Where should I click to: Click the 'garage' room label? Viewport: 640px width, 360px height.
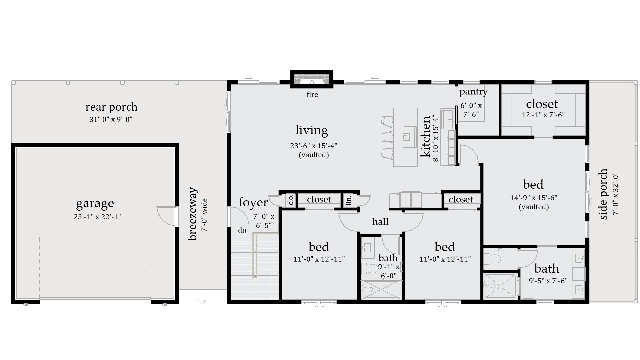[95, 203]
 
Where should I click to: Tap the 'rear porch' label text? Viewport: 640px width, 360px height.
[111, 107]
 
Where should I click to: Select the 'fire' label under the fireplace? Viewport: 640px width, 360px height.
[312, 95]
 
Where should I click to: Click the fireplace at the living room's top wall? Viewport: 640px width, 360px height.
[312, 79]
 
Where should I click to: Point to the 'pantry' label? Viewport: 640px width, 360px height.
[473, 91]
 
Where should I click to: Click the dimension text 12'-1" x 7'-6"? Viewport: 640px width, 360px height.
[543, 115]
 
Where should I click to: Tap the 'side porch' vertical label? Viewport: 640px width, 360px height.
[603, 194]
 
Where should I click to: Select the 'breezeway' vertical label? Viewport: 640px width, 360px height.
[192, 214]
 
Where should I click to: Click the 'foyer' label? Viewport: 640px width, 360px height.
[253, 202]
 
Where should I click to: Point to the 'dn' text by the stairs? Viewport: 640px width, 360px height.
[242, 230]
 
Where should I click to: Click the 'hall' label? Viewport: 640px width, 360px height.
[380, 222]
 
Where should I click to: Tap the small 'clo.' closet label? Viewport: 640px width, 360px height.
[291, 200]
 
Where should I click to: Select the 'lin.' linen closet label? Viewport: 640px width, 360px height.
[348, 200]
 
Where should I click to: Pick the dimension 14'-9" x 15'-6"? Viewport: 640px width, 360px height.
[533, 198]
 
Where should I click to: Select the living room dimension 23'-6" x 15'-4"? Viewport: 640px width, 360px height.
[313, 146]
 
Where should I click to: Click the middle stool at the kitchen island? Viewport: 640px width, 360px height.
[388, 137]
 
